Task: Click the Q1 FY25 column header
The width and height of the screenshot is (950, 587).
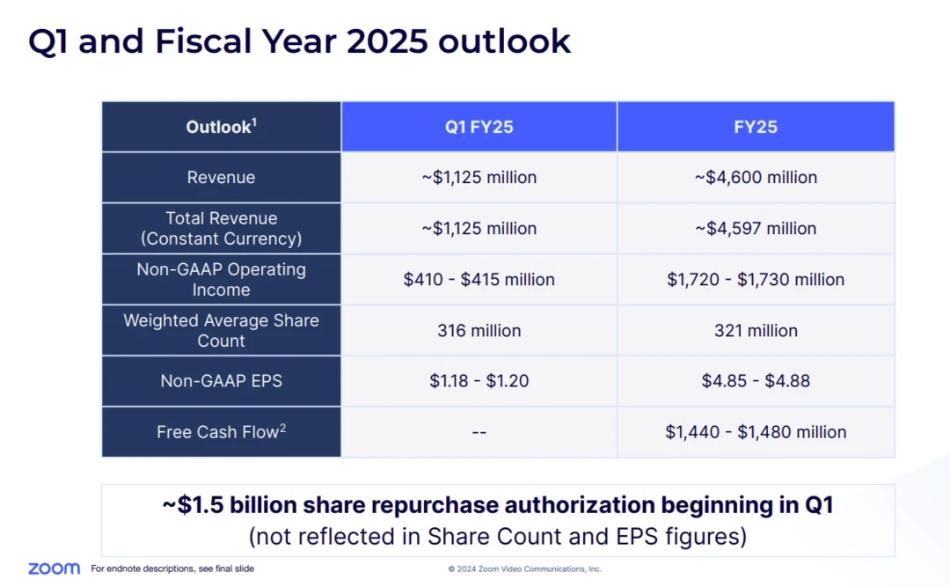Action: tap(479, 127)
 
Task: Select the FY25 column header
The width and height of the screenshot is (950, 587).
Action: tap(756, 127)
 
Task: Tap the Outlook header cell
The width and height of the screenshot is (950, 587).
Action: tap(221, 127)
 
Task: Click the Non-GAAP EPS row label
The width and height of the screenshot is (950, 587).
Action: tap(221, 381)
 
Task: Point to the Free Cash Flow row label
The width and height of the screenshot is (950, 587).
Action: tap(221, 432)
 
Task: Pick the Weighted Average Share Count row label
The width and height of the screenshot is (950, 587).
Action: tap(221, 330)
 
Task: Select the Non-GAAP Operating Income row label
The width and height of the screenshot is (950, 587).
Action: tap(221, 279)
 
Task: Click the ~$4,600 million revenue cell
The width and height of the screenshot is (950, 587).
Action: tap(756, 177)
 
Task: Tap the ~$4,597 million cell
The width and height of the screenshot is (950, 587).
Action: tap(756, 228)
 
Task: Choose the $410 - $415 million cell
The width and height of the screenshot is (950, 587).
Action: tap(479, 279)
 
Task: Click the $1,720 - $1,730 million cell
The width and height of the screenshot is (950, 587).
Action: tap(756, 279)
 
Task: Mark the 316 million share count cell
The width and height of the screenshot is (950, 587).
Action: tap(479, 330)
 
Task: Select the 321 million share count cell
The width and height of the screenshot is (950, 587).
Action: tap(756, 330)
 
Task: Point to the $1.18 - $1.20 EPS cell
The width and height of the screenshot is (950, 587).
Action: tap(479, 381)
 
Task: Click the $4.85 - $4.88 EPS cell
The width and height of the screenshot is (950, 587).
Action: tap(756, 381)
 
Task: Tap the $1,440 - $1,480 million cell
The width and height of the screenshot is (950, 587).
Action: tap(756, 432)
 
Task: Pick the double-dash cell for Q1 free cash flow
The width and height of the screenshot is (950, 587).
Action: tap(479, 432)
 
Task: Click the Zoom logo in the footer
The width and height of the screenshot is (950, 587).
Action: tap(54, 569)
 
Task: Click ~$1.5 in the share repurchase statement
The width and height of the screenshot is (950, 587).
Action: tap(194, 505)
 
